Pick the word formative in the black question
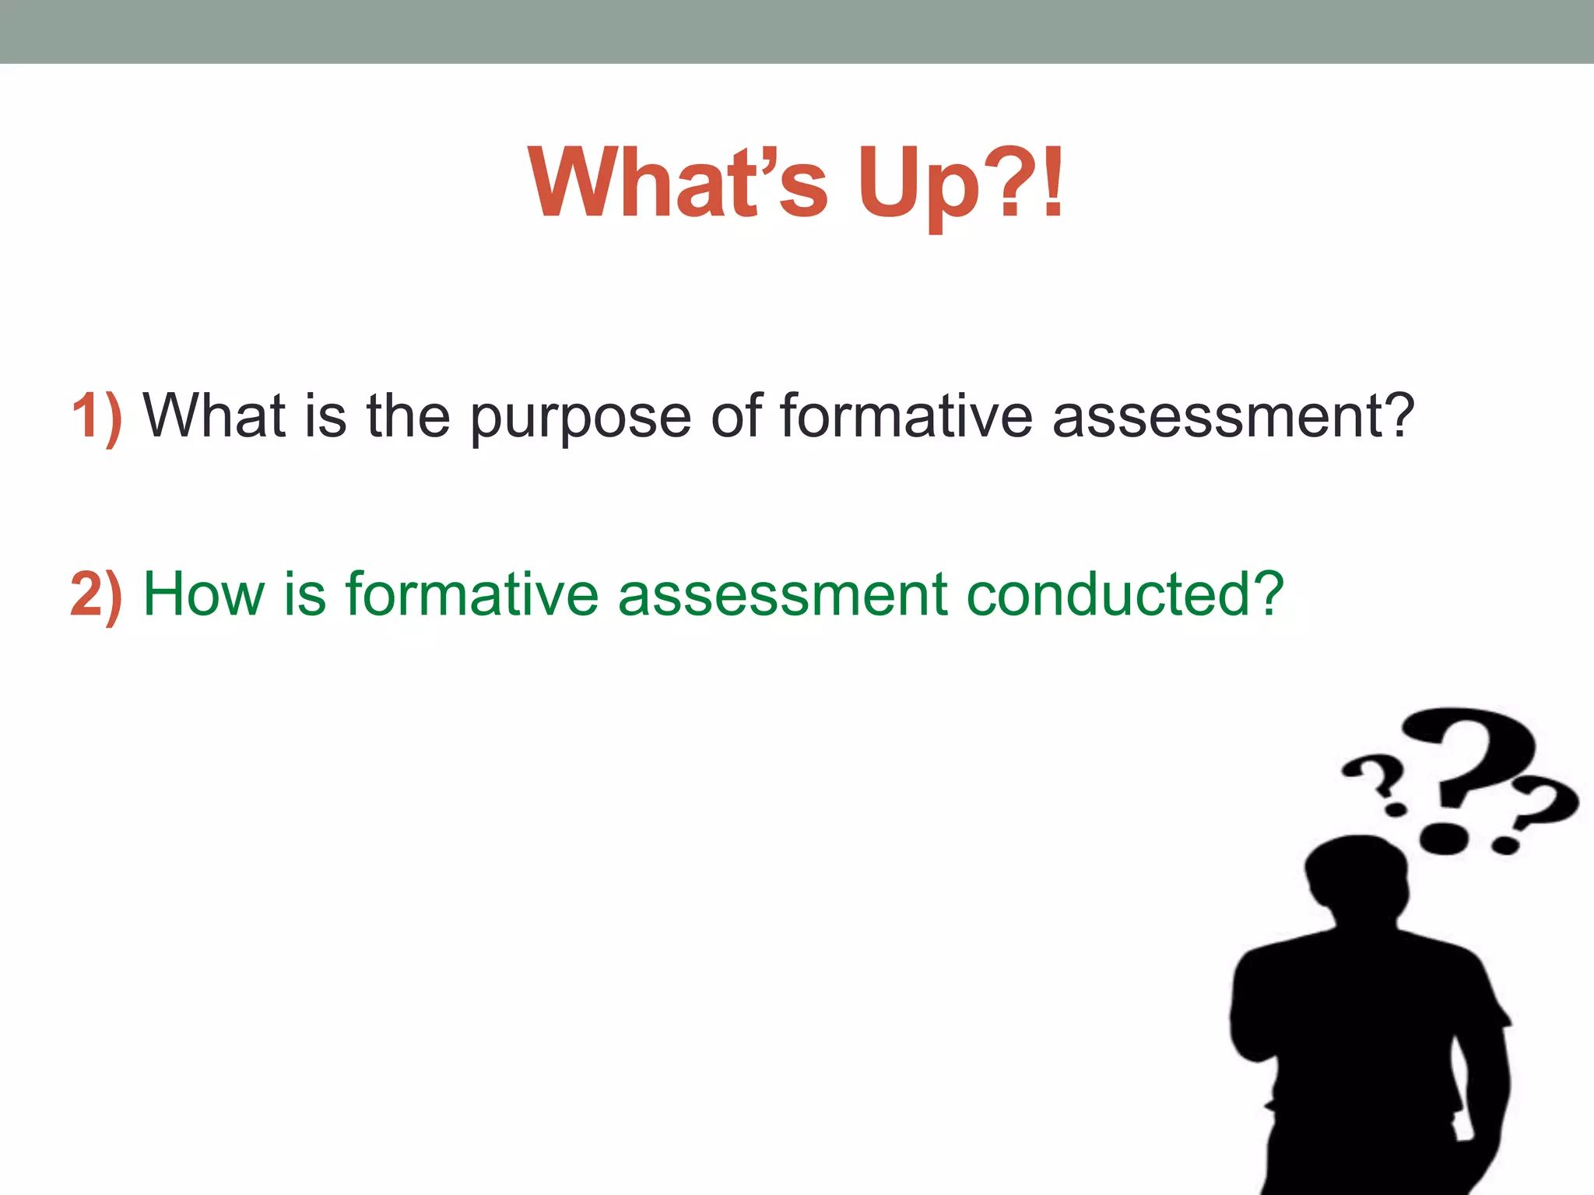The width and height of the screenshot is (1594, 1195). point(906,416)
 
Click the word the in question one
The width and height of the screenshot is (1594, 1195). point(408,416)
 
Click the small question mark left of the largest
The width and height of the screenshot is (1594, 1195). point(1375,778)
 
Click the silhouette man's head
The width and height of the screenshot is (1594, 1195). point(1358,875)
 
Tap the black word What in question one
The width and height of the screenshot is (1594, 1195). point(213,416)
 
